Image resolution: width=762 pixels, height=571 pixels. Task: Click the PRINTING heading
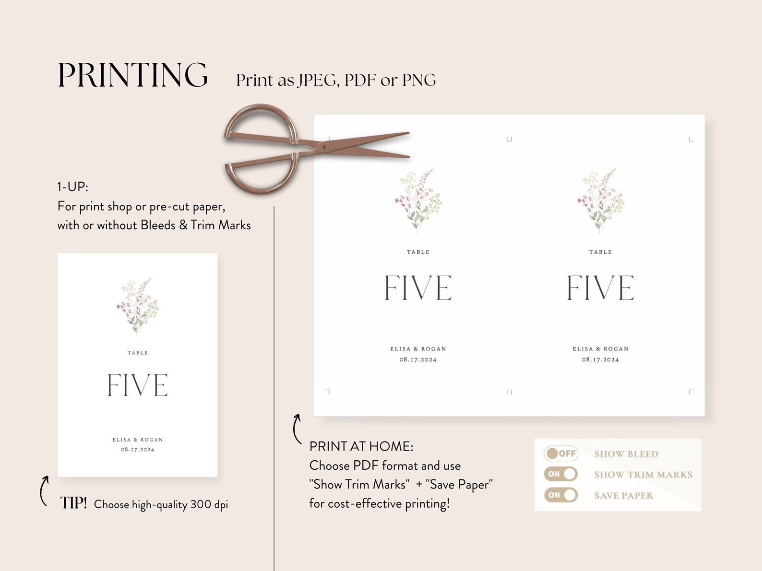pyautogui.click(x=132, y=75)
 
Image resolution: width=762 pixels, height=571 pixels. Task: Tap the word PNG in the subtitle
pyautogui.click(x=419, y=80)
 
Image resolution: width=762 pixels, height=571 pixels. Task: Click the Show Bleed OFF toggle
pyautogui.click(x=560, y=454)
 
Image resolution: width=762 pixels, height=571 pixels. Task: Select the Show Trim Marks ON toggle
pyautogui.click(x=560, y=474)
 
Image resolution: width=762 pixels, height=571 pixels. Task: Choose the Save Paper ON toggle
pyautogui.click(x=560, y=495)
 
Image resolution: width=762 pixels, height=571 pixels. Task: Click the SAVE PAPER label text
pyautogui.click(x=623, y=496)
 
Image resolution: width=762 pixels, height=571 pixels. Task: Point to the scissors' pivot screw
pyautogui.click(x=325, y=147)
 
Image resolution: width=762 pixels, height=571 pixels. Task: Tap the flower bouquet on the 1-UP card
pyautogui.click(x=137, y=305)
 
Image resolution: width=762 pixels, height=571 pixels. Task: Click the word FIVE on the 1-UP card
pyautogui.click(x=138, y=385)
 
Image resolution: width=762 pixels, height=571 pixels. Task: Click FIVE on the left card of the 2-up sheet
pyautogui.click(x=418, y=288)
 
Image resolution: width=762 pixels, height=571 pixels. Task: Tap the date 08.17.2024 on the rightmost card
pyautogui.click(x=600, y=360)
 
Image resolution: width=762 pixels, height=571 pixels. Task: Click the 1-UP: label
pyautogui.click(x=73, y=186)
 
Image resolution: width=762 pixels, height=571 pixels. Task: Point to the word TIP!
pyautogui.click(x=73, y=503)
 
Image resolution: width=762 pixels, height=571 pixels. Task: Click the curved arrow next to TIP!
pyautogui.click(x=44, y=490)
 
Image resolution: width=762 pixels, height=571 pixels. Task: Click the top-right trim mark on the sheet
pyautogui.click(x=691, y=139)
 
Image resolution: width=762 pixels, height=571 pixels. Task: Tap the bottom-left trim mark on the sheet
pyautogui.click(x=327, y=392)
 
